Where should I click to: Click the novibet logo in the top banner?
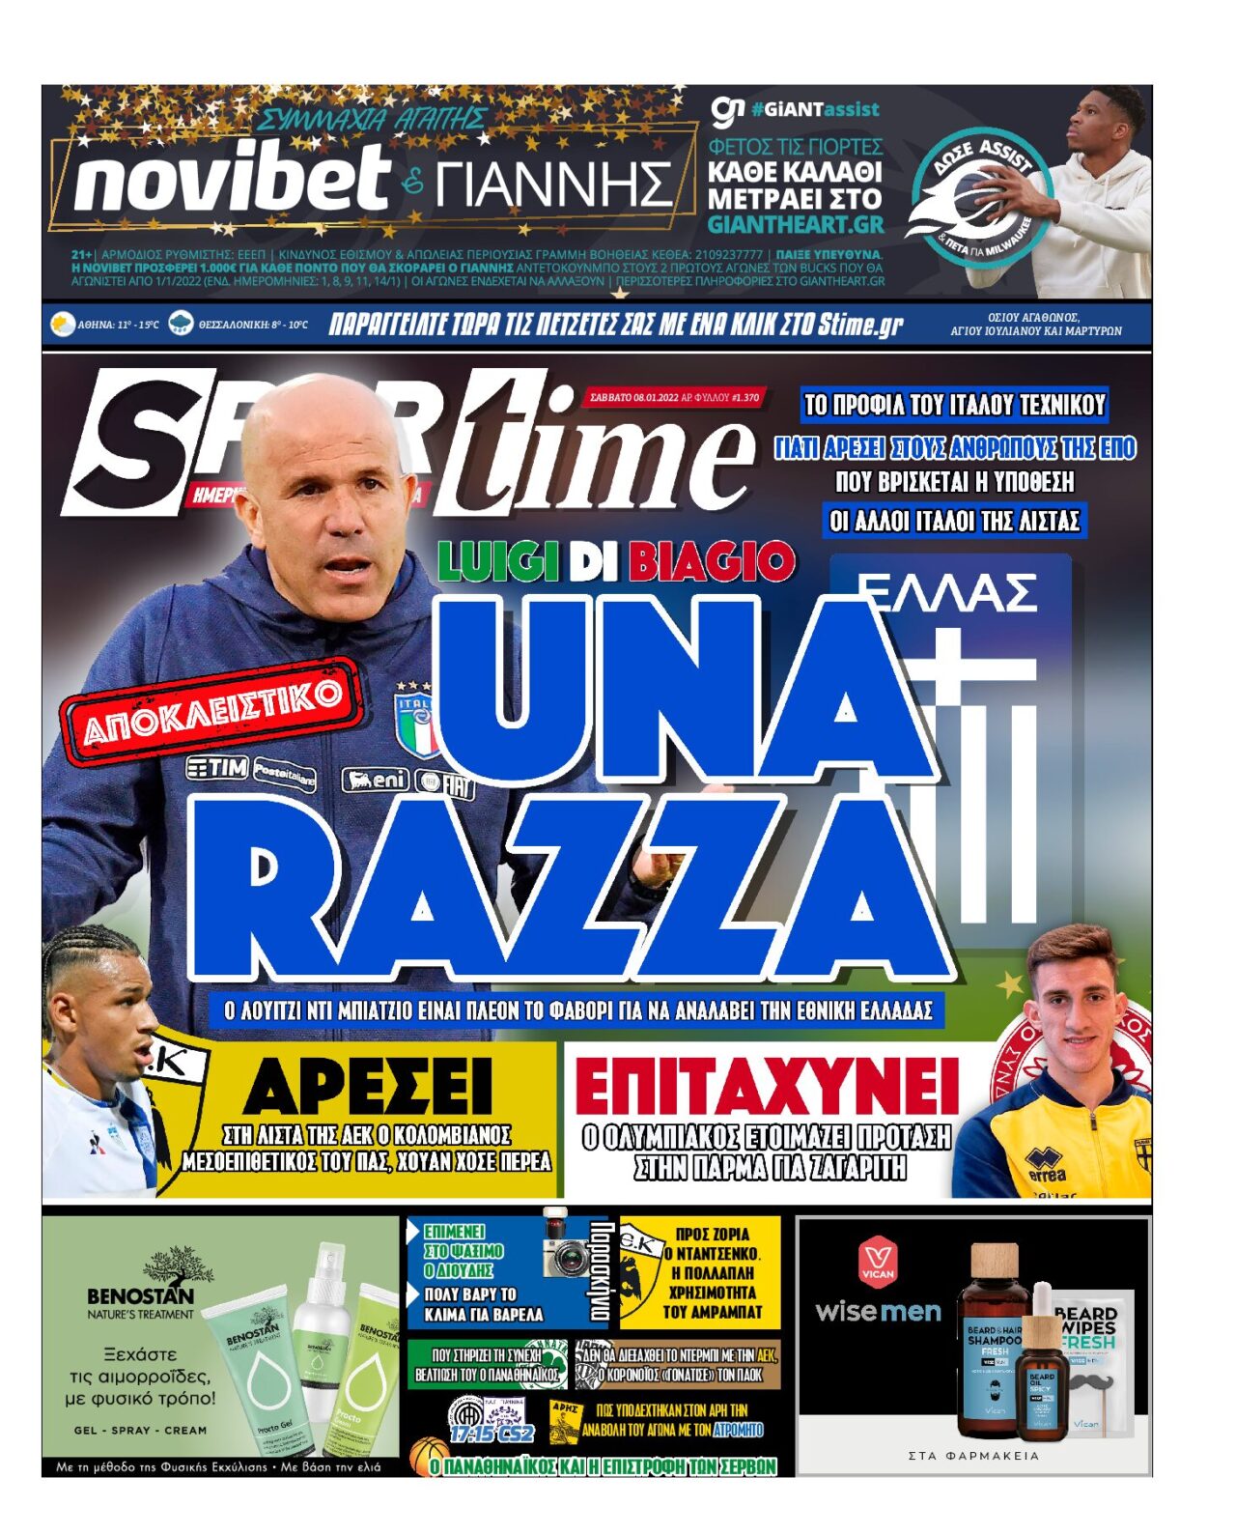tap(232, 180)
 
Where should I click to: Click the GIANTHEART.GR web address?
tap(796, 224)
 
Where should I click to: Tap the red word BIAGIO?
tap(712, 562)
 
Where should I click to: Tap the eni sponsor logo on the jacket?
tap(377, 779)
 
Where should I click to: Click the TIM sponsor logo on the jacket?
tap(217, 767)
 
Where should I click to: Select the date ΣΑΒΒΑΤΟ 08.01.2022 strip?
tap(674, 397)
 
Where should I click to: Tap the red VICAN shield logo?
tap(877, 1260)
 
